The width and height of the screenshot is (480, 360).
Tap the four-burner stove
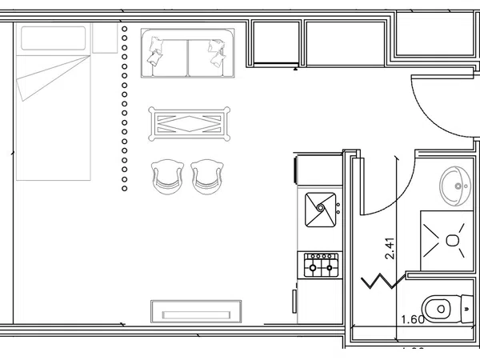coord(319,263)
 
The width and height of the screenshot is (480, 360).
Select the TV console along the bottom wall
coord(196,309)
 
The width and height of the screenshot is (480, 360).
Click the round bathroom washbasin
coord(456,186)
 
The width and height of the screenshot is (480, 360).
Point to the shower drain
coord(453,240)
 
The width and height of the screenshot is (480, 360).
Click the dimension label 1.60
coord(412,320)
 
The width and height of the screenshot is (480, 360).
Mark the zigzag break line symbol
coord(382,282)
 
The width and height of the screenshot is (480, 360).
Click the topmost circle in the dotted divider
coord(124,29)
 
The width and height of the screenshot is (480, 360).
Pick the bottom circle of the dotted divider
coord(124,190)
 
